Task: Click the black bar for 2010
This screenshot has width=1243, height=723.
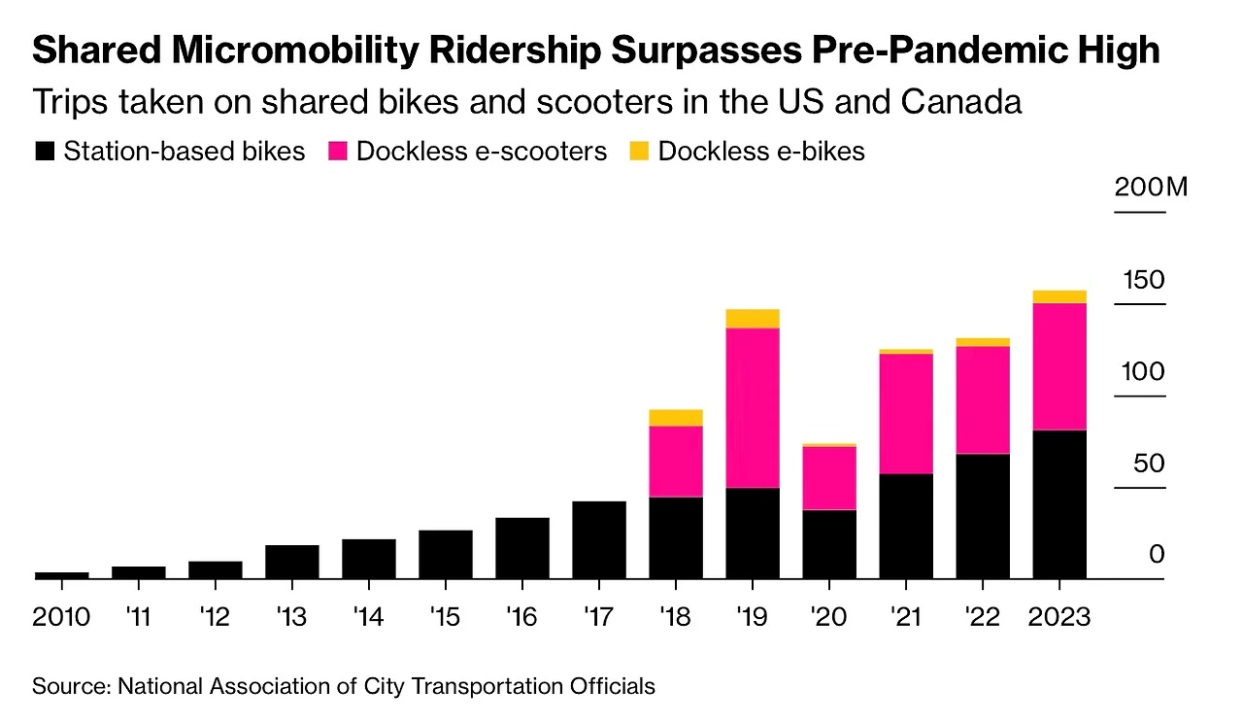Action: pyautogui.click(x=61, y=575)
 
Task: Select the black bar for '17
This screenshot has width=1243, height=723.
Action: pyautogui.click(x=599, y=539)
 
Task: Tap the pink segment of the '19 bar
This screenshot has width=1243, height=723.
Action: pyautogui.click(x=753, y=407)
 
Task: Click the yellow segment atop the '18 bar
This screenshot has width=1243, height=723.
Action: pyautogui.click(x=676, y=418)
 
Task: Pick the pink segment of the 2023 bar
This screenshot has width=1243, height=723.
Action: pyautogui.click(x=1059, y=366)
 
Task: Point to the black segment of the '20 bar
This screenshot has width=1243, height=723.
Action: pyautogui.click(x=829, y=544)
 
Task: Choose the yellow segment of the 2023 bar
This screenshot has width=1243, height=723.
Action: pyautogui.click(x=1059, y=296)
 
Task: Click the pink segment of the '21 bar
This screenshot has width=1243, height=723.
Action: pyautogui.click(x=906, y=413)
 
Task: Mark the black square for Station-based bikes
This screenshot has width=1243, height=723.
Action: pyautogui.click(x=45, y=152)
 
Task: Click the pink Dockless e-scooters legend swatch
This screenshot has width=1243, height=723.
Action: pyautogui.click(x=339, y=152)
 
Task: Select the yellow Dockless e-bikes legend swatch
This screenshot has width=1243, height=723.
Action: pyautogui.click(x=640, y=152)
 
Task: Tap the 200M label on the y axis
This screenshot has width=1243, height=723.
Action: pyautogui.click(x=1151, y=187)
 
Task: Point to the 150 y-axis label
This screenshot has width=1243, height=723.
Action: pyautogui.click(x=1143, y=280)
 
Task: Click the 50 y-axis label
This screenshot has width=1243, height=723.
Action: pyautogui.click(x=1149, y=463)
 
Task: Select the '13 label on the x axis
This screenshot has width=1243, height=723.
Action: pyautogui.click(x=292, y=616)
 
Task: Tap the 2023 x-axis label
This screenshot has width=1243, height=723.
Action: pyautogui.click(x=1059, y=616)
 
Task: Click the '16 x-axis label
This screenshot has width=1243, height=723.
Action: pyautogui.click(x=522, y=616)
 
